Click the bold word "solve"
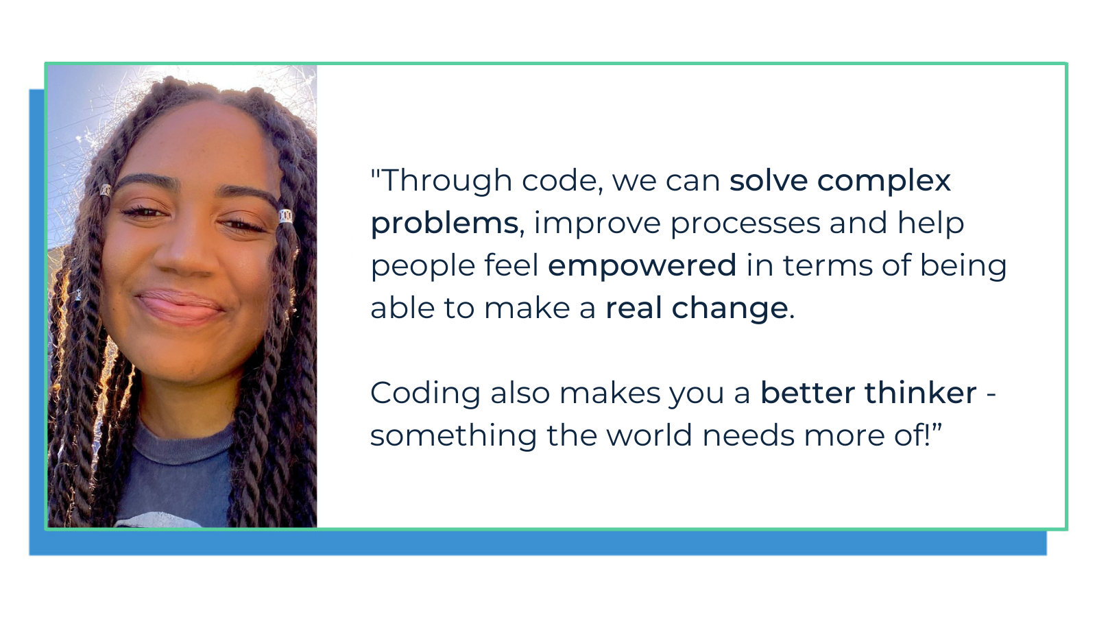(768, 180)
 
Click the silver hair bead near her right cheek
(286, 216)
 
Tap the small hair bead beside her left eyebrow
(106, 190)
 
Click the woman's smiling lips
(180, 306)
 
